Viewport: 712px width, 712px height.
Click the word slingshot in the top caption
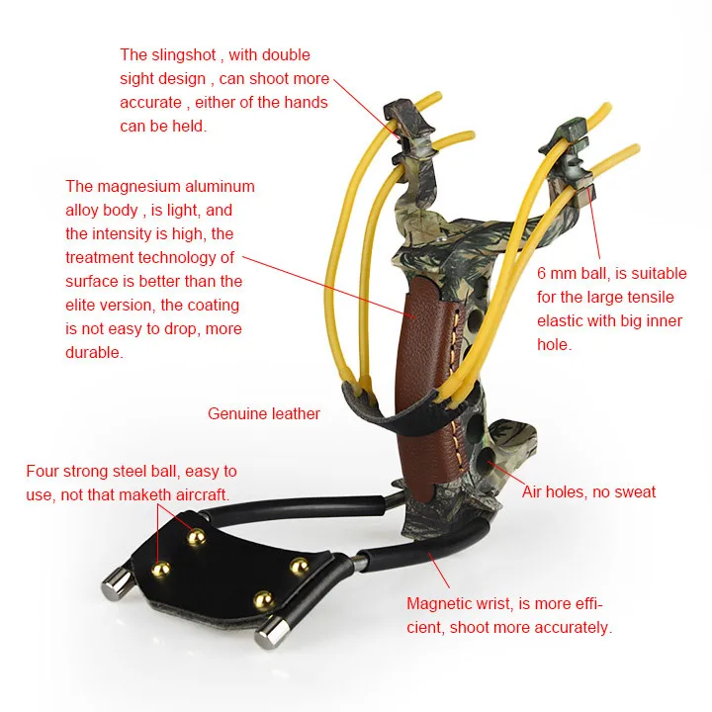click(184, 55)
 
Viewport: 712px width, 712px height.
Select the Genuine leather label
click(264, 413)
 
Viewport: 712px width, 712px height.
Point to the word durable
click(94, 352)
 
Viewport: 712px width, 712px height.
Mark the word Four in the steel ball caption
click(43, 471)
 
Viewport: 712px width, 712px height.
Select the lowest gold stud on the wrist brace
click(263, 600)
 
